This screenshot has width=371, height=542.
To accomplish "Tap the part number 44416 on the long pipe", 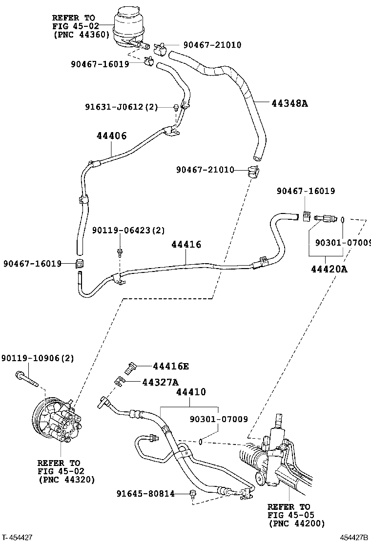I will tap(186, 245).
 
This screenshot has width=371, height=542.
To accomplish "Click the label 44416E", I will tap(170, 367).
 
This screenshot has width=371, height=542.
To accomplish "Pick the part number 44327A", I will tap(161, 382).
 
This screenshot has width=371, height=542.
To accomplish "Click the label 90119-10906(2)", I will tap(38, 358).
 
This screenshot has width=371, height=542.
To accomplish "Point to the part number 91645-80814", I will tap(145, 494).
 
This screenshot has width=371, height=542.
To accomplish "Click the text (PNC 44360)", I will tap(81, 35).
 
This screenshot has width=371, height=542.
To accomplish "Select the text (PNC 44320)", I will tap(66, 480).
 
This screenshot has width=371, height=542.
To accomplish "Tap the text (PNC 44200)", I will tap(296, 523).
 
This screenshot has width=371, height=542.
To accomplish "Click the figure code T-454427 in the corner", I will tap(18, 537).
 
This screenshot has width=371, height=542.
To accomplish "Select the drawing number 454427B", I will tap(354, 537).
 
